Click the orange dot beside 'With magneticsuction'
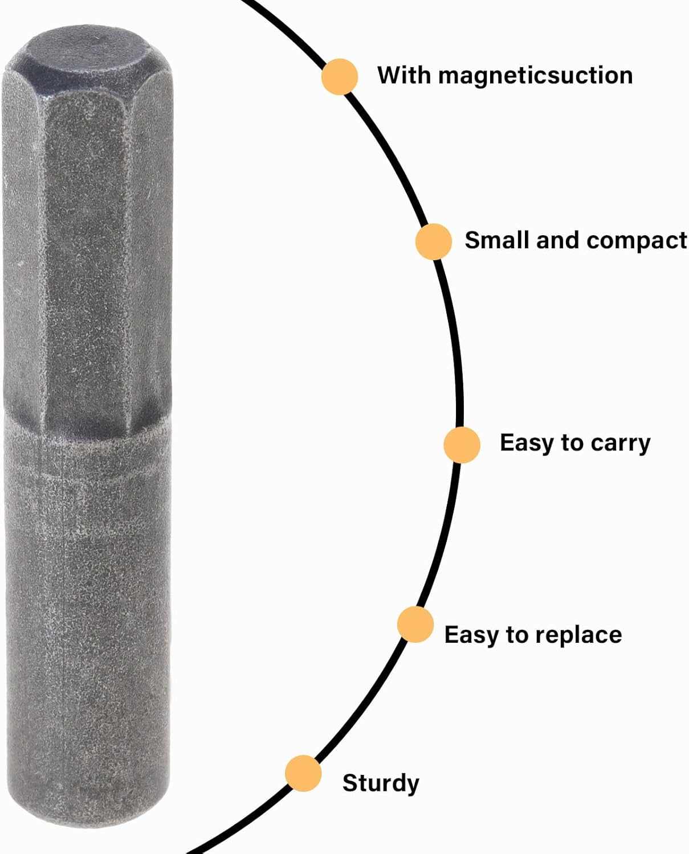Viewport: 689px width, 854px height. click(x=340, y=76)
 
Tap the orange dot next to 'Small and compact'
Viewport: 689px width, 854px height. click(x=434, y=241)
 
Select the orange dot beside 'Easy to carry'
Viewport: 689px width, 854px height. click(x=462, y=445)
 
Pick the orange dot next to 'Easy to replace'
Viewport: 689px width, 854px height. click(x=415, y=625)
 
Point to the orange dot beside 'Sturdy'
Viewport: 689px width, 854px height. click(x=304, y=773)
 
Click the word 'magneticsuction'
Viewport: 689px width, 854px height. click(x=535, y=76)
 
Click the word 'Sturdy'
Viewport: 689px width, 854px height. click(x=381, y=784)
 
